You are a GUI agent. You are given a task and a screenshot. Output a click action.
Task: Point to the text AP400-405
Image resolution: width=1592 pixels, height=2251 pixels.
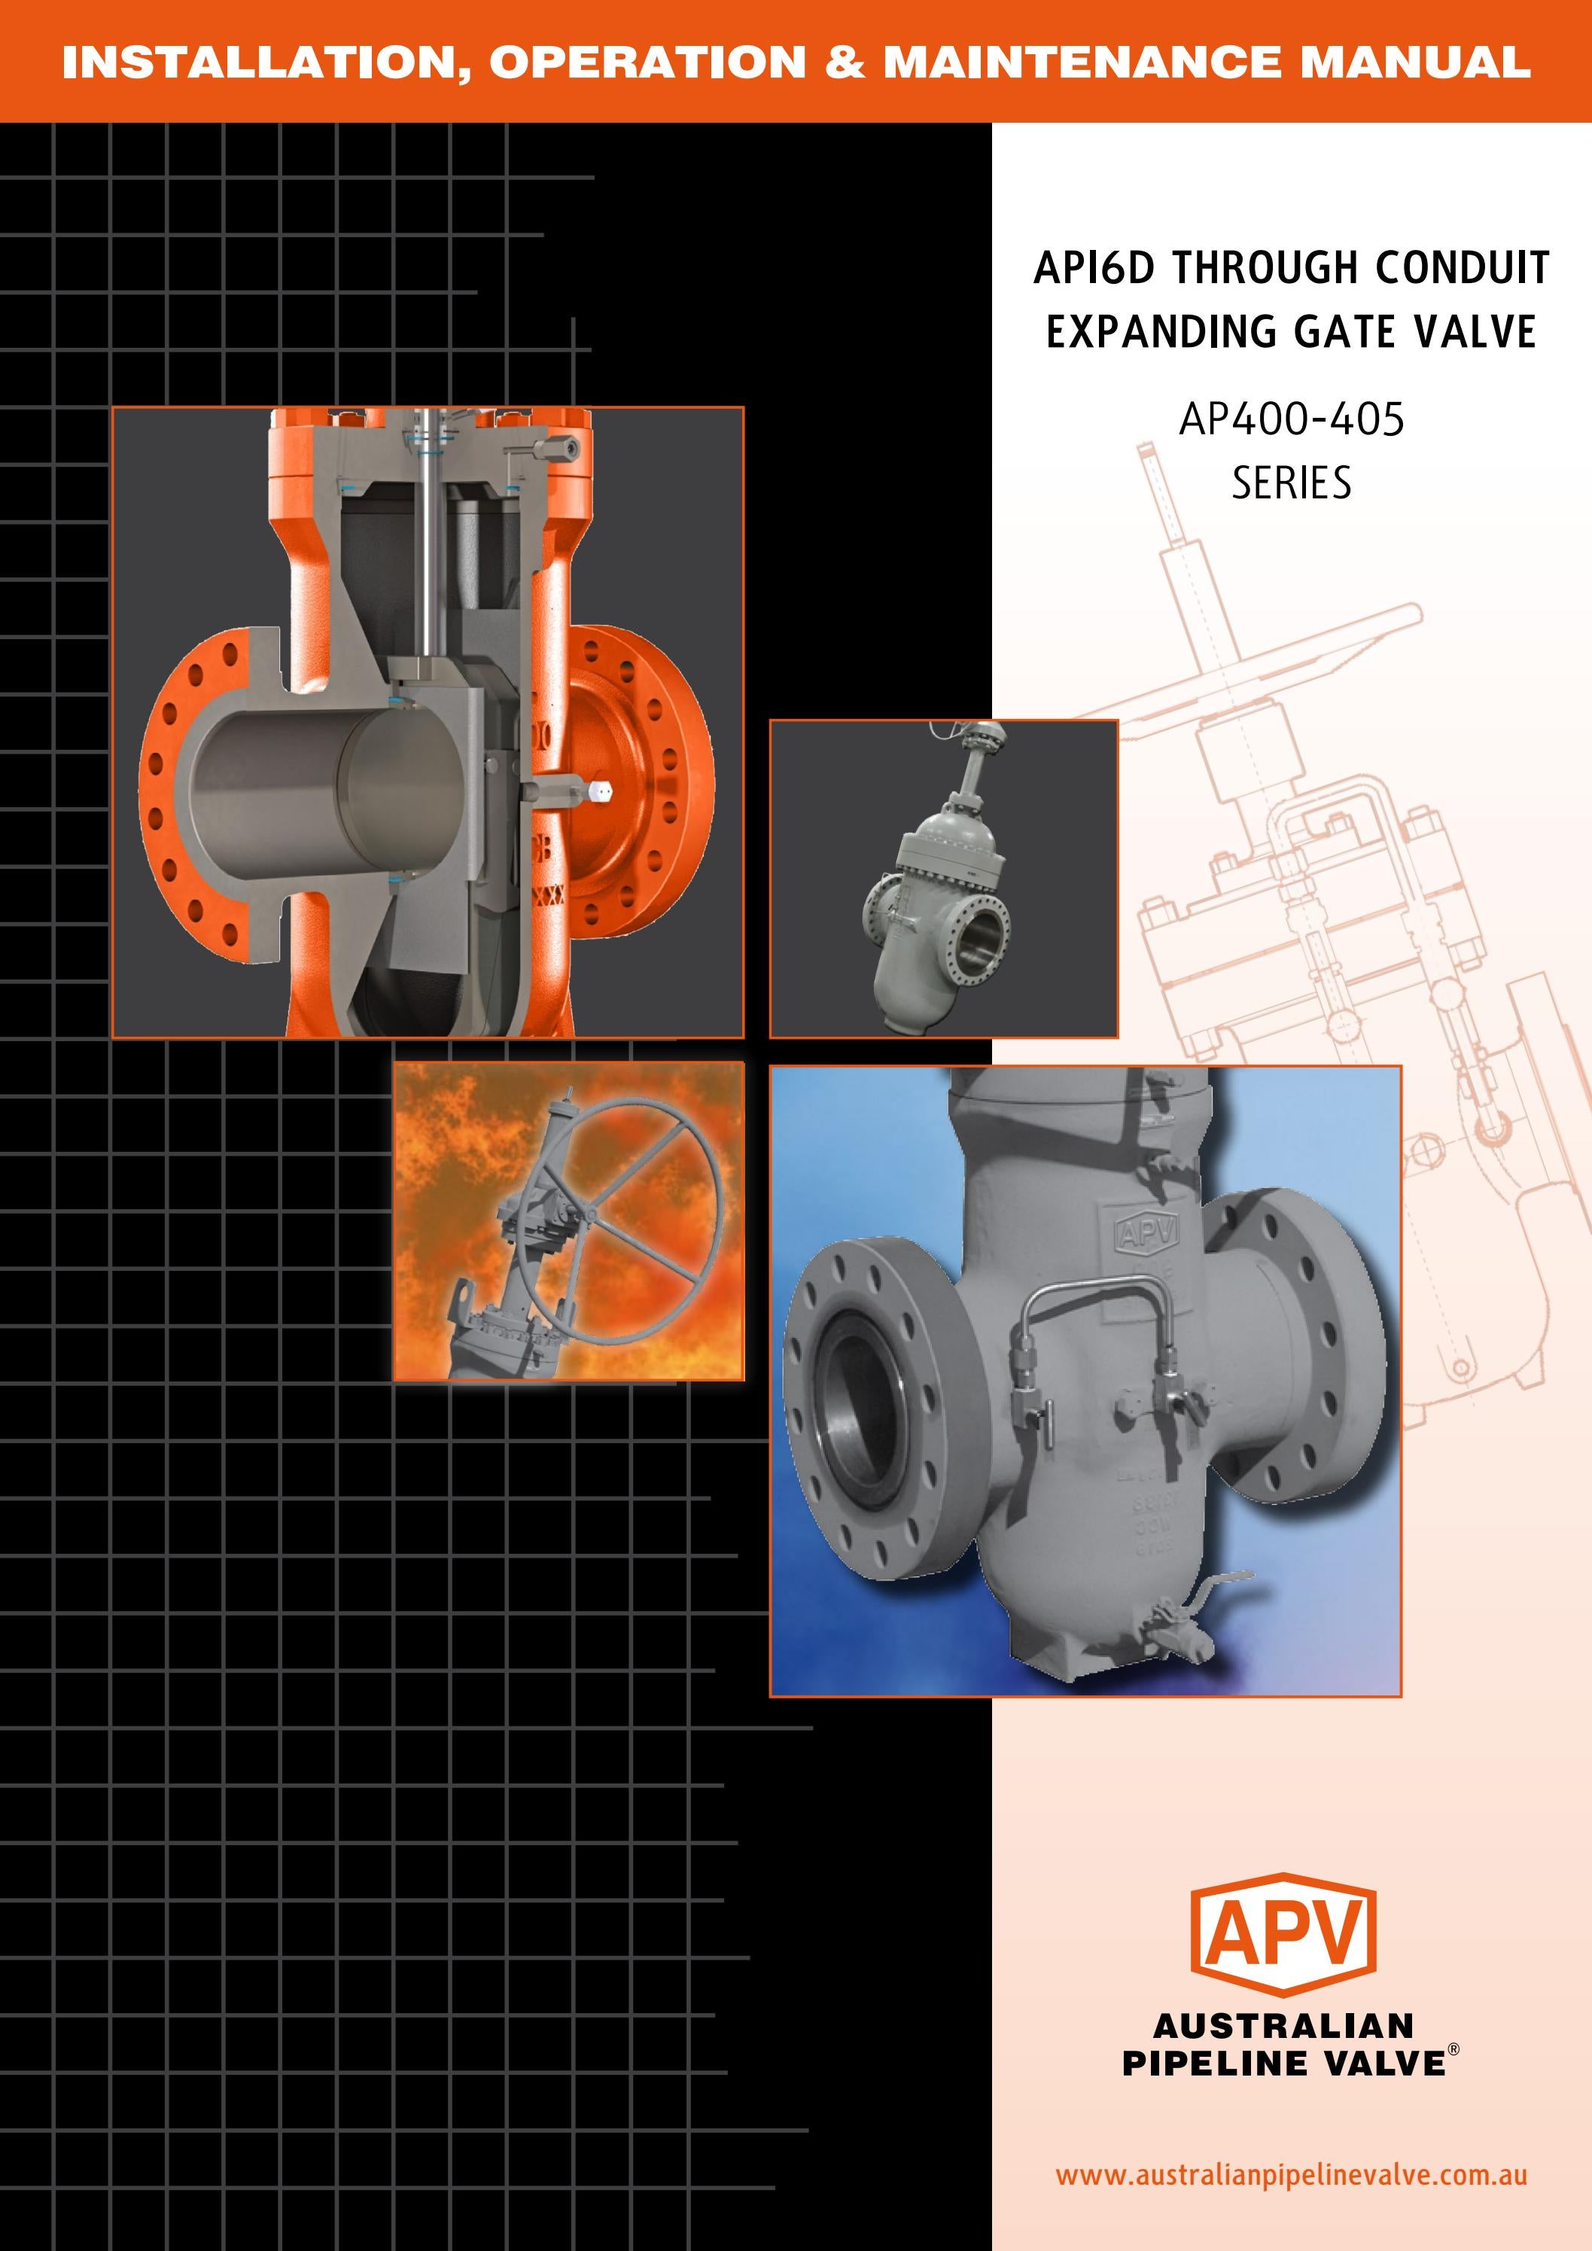(1291, 419)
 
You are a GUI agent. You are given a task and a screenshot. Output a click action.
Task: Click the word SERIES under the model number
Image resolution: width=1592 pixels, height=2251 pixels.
(1291, 483)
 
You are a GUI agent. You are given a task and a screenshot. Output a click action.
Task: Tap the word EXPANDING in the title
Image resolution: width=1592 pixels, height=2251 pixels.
(1164, 331)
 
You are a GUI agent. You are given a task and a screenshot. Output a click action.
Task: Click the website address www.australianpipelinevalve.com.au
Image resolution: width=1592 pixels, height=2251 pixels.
(1290, 2174)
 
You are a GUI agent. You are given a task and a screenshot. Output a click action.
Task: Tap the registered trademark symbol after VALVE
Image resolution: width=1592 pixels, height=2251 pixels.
(1453, 2047)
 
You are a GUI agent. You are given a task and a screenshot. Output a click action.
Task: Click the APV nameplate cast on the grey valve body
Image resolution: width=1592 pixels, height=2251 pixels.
(1144, 1233)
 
